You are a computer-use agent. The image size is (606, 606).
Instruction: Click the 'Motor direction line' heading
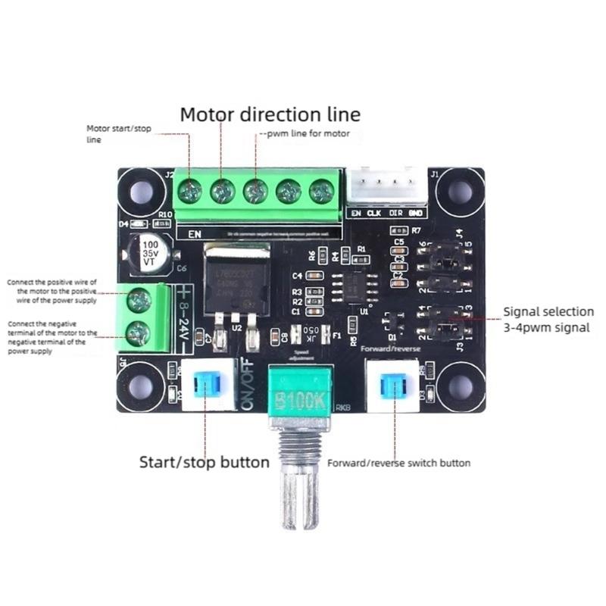tap(270, 114)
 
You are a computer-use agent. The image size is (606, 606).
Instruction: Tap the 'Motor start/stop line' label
tap(119, 134)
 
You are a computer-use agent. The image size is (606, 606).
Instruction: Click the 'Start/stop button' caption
tap(204, 461)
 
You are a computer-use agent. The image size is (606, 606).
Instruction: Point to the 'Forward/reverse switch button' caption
tap(398, 463)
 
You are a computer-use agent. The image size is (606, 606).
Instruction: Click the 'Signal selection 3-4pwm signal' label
tap(549, 319)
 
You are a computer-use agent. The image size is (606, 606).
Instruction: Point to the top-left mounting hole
tap(142, 192)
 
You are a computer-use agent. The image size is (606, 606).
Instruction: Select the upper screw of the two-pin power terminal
tap(138, 301)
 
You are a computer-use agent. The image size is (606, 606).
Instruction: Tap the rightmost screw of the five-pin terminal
tap(321, 192)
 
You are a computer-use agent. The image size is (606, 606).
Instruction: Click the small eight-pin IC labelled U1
tap(354, 286)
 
